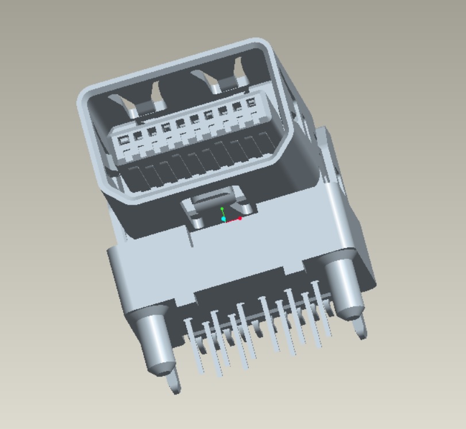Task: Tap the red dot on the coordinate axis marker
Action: tap(240, 218)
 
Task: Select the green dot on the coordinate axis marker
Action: tap(222, 209)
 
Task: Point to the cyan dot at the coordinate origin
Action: tap(224, 219)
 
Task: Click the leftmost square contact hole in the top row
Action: tap(123, 140)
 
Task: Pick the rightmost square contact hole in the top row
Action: tap(250, 104)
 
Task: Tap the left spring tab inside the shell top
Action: tap(141, 104)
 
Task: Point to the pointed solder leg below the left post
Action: tap(174, 382)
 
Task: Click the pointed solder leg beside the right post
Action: tap(360, 327)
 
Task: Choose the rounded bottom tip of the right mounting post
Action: tap(349, 313)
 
